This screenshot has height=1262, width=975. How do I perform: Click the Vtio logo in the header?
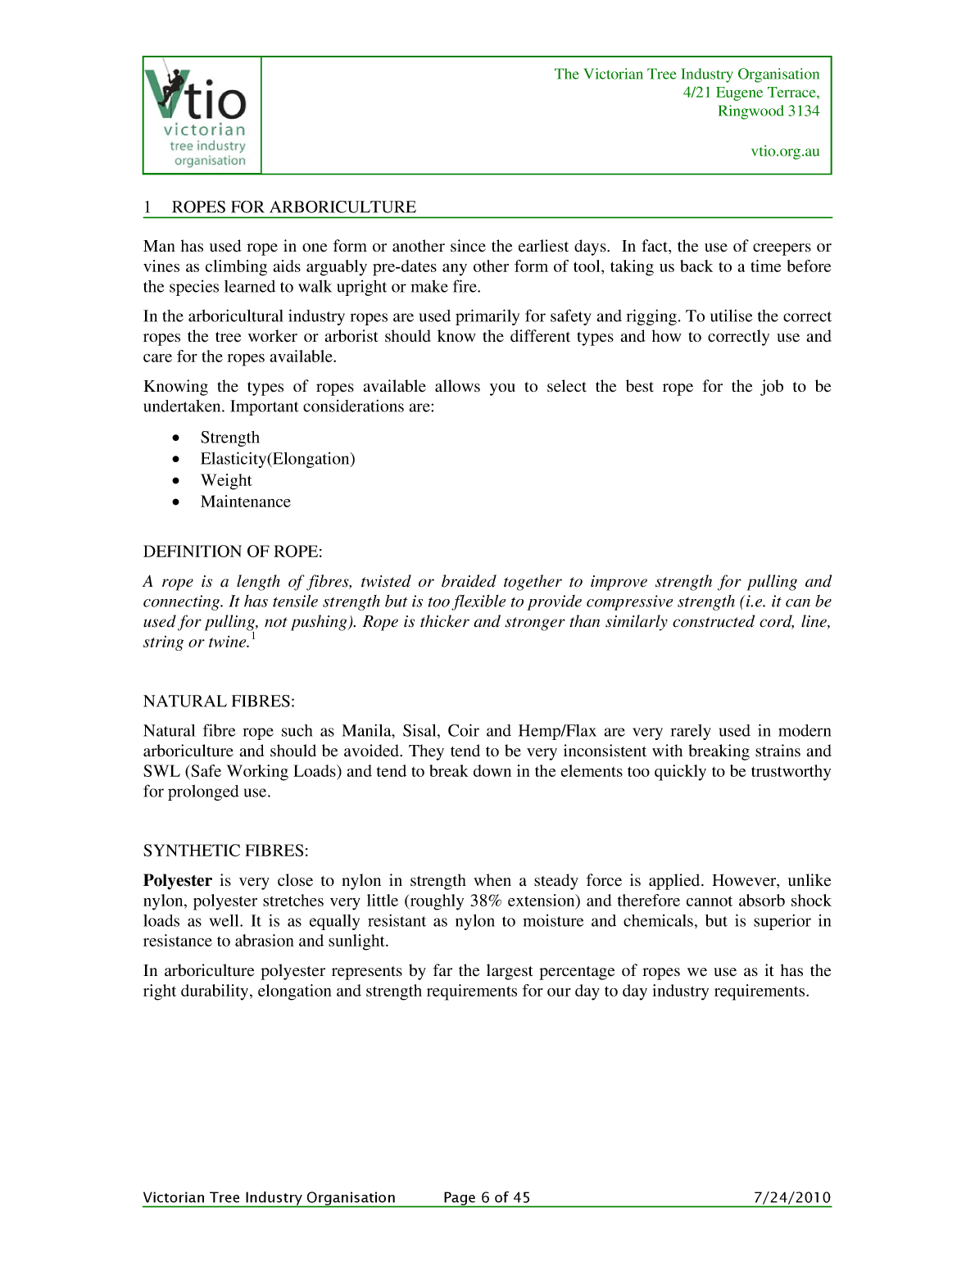[x=202, y=115]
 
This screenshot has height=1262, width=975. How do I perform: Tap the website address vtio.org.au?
[x=785, y=151]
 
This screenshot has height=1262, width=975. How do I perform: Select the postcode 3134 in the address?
[x=803, y=111]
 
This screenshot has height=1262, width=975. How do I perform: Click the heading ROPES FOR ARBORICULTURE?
[x=293, y=207]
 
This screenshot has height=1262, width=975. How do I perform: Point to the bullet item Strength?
[x=229, y=438]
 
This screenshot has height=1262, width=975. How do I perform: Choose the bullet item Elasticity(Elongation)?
[x=278, y=459]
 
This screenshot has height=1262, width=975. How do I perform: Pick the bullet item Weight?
[x=226, y=480]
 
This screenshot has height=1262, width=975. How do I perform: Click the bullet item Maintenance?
[x=245, y=502]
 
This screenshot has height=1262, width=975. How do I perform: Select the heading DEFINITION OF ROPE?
[x=233, y=552]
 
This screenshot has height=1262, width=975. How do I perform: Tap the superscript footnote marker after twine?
[x=254, y=637]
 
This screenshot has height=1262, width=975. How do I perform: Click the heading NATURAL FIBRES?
[x=219, y=701]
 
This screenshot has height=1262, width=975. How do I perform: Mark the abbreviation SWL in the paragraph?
[x=161, y=771]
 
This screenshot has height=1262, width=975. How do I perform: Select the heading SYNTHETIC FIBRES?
[x=225, y=851]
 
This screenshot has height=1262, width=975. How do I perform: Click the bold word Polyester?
[x=177, y=881]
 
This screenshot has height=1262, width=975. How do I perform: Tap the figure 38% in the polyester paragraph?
[x=485, y=901]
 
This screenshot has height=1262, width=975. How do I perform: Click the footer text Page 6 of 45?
[x=487, y=1197]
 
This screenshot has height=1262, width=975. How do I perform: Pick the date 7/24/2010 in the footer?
[x=791, y=1197]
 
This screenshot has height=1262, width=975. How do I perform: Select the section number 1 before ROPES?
[x=147, y=207]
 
